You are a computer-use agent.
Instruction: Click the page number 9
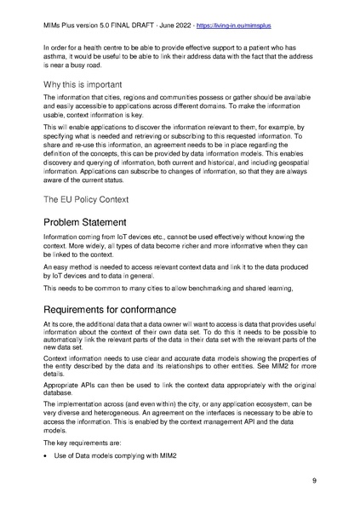[314, 481]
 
